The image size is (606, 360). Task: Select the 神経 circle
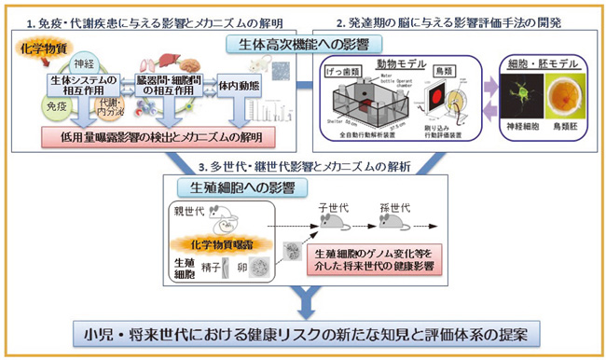tap(83, 66)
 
